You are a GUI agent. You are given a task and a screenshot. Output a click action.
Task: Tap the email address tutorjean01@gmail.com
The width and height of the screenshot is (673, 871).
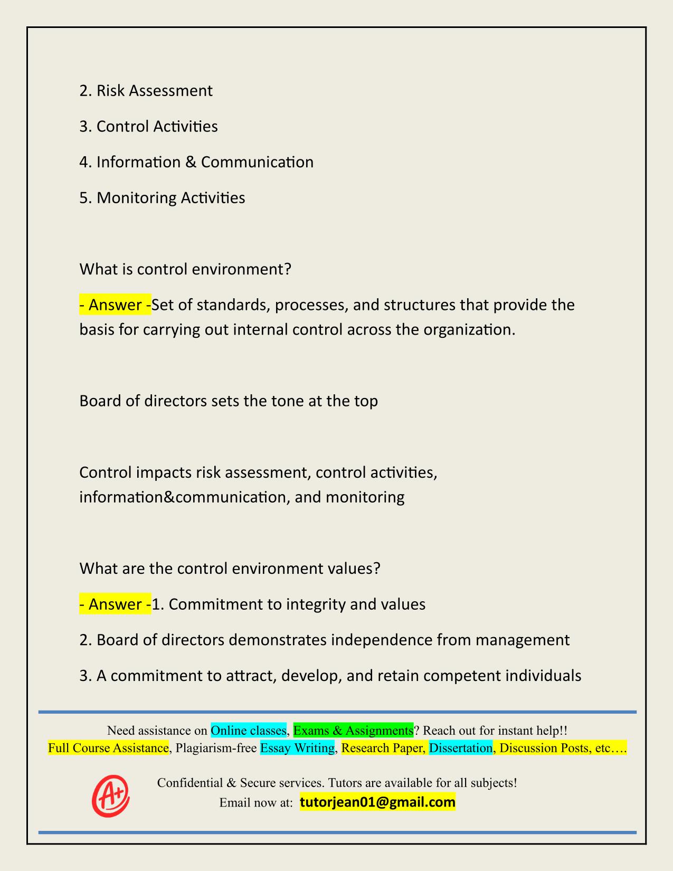tap(377, 802)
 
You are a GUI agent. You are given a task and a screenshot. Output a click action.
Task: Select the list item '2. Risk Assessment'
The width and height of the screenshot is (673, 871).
tap(146, 91)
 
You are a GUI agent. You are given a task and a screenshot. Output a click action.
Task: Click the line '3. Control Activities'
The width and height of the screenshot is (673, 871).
tap(148, 127)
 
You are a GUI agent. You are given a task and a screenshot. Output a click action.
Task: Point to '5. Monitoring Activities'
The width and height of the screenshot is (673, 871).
tap(162, 198)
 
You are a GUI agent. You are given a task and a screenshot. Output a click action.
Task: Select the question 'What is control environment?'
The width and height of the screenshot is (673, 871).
tap(185, 269)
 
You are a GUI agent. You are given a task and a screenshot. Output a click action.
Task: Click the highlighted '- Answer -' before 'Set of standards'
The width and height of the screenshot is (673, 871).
tap(115, 305)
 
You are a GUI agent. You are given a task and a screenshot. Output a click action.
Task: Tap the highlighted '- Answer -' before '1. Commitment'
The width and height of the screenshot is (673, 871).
tap(115, 604)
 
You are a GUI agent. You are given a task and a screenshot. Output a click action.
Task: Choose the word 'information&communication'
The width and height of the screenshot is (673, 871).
tap(182, 497)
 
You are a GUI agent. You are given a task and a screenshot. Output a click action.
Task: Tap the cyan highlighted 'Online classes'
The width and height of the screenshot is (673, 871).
tap(248, 731)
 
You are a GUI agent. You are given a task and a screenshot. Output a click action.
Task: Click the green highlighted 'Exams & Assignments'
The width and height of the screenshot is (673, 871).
tap(353, 731)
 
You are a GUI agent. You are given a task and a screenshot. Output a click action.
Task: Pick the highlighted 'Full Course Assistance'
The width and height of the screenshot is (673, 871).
tap(108, 748)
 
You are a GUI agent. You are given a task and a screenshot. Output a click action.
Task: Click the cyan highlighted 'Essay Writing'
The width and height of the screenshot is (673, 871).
tap(298, 748)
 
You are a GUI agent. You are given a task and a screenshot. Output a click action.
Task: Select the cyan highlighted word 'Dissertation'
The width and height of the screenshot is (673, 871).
tap(460, 748)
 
